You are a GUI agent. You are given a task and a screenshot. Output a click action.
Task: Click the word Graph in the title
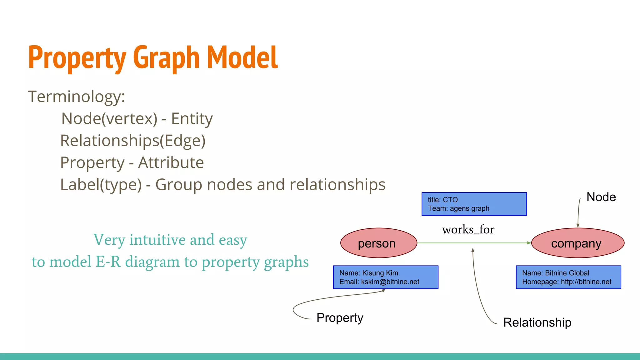click(x=166, y=58)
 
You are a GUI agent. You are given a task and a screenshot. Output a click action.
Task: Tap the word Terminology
click(x=76, y=97)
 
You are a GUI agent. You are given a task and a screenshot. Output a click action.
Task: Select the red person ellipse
click(x=378, y=243)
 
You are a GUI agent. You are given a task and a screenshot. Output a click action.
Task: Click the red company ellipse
click(x=577, y=243)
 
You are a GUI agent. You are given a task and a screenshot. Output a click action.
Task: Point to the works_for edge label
click(x=468, y=230)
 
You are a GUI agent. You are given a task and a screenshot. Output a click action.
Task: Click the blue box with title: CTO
click(x=474, y=204)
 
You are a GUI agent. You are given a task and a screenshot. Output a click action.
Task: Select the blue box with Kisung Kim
click(x=385, y=277)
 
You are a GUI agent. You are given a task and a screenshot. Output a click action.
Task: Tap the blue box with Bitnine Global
click(x=568, y=277)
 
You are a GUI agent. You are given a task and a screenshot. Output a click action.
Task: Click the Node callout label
click(x=601, y=197)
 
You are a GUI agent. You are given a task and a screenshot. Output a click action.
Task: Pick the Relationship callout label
click(x=537, y=322)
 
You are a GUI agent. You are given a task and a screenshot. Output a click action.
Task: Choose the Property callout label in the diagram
click(x=340, y=318)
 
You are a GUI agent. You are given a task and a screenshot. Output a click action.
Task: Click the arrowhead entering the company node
click(x=529, y=243)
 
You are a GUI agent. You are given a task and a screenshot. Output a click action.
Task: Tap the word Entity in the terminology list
click(x=192, y=119)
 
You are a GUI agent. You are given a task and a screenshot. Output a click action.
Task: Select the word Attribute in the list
click(x=171, y=163)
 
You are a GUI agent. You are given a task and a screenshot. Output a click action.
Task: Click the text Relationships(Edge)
click(x=133, y=141)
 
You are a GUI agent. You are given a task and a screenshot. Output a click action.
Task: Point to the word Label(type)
click(x=101, y=185)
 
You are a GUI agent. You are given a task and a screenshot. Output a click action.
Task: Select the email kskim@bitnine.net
click(x=390, y=282)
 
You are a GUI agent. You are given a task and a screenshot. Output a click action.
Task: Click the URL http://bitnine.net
click(x=586, y=282)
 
